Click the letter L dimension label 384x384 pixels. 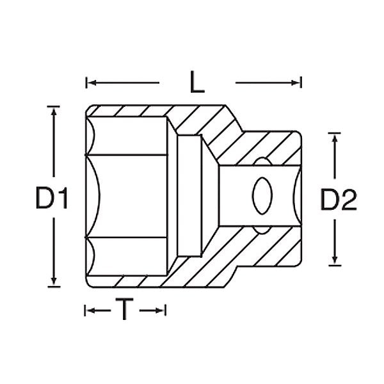[x=197, y=82]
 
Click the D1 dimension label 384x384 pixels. [x=51, y=198]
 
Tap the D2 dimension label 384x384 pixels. [x=339, y=200]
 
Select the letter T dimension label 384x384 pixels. [x=125, y=309]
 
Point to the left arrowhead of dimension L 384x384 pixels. [x=92, y=83]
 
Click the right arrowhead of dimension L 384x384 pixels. [x=296, y=83]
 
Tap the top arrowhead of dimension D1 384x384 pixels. [x=54, y=111]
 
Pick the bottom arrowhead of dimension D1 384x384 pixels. [x=54, y=281]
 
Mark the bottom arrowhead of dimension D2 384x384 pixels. [x=335, y=260]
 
